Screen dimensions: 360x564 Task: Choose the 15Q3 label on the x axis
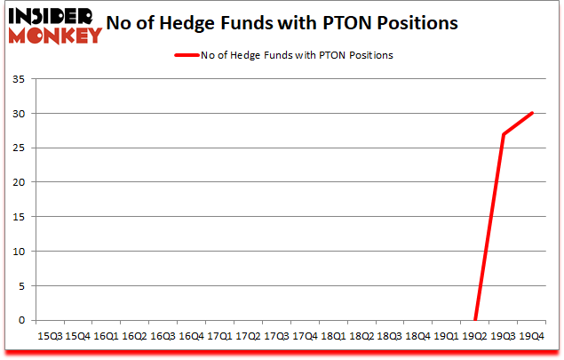(x=49, y=337)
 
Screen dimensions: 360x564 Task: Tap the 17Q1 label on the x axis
(x=218, y=337)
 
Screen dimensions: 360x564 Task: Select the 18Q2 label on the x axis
(x=361, y=337)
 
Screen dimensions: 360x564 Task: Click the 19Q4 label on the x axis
(x=531, y=337)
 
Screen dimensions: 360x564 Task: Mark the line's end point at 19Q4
(x=531, y=113)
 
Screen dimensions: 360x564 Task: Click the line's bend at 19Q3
(x=504, y=134)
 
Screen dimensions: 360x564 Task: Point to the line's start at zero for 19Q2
(x=475, y=320)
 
